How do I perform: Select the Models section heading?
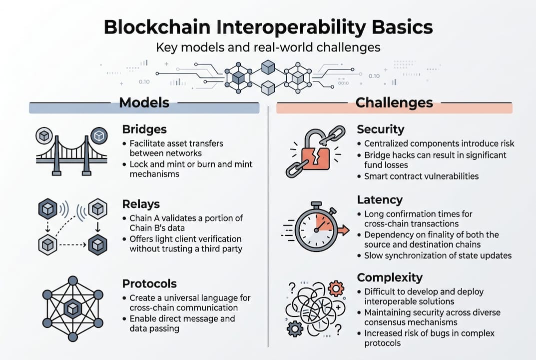144,103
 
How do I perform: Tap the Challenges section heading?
394,103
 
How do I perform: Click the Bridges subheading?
144,129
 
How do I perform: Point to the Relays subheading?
141,204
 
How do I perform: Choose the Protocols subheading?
149,283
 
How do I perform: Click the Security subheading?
380,129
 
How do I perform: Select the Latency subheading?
380,200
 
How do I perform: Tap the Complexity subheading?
390,277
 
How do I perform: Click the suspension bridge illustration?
71,152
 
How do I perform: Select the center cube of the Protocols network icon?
73,309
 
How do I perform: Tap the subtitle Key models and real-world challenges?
268,47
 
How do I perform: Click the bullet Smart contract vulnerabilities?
422,176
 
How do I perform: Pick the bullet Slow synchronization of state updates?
438,255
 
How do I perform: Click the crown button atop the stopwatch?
316,205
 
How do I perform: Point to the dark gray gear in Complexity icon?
295,328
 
